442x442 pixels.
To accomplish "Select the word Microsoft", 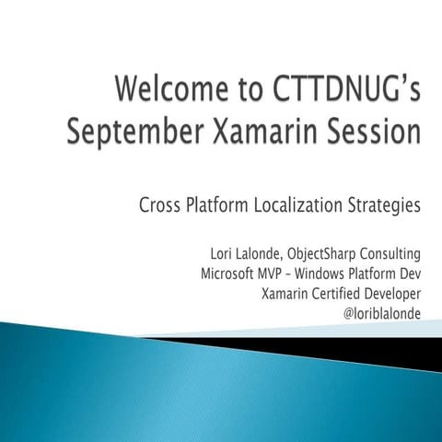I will coord(232,273).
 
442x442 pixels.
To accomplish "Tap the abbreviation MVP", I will coord(284,273).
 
